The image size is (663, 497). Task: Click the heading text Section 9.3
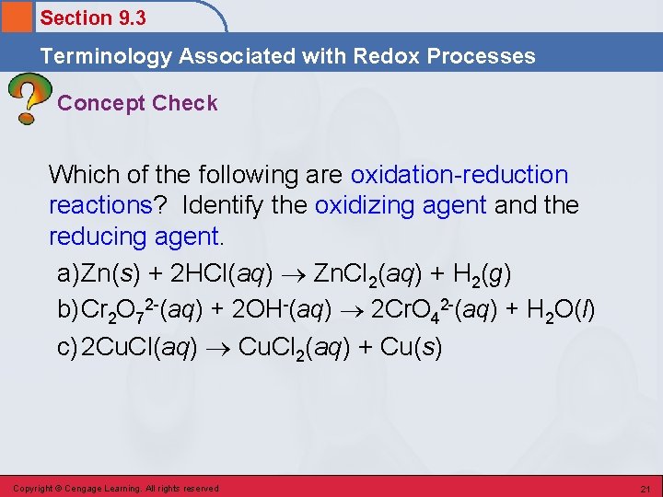[x=93, y=17]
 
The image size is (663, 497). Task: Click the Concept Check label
[x=137, y=103]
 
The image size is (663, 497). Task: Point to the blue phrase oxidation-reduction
[x=459, y=174]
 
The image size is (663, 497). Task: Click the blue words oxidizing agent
[x=401, y=205]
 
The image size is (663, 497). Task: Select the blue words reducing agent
[x=134, y=237]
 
